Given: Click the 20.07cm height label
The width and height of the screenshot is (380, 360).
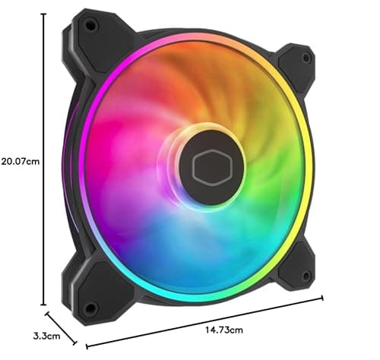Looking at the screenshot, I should pos(21,161).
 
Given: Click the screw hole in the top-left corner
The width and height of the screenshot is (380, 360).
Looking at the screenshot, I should pos(91,26).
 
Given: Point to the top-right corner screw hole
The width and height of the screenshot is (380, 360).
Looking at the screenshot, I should pos(306,57).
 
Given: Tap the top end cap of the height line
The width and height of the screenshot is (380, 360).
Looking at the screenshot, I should pos(45,12).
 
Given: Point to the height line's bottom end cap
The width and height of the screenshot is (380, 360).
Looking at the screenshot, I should pos(45,304).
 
